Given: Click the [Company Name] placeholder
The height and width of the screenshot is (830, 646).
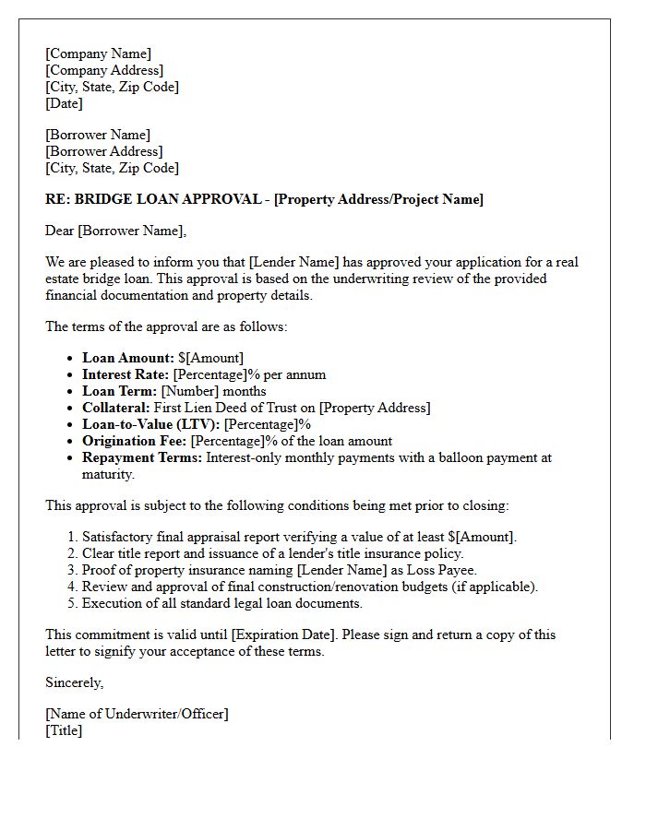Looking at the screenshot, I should [x=98, y=53].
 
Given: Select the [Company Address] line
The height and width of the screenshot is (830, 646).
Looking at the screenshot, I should [x=104, y=70].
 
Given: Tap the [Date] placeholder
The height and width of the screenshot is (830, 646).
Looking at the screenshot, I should [x=64, y=103].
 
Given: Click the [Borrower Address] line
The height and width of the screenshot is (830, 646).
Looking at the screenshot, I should [x=103, y=151].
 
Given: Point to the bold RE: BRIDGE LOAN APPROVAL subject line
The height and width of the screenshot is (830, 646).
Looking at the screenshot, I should [x=264, y=199].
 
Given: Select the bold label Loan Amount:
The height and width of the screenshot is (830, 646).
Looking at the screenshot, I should [x=127, y=358].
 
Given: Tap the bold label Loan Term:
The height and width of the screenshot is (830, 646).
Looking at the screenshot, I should [x=120, y=391].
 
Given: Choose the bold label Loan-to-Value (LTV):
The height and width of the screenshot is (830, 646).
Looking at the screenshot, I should [x=150, y=424].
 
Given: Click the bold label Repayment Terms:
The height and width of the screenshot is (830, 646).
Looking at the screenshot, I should [x=141, y=457].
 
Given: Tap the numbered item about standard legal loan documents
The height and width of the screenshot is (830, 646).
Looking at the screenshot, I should [x=221, y=603].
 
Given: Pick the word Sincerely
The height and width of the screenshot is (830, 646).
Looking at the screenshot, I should [x=74, y=682].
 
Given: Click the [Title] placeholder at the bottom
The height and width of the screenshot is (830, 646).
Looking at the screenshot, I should [x=64, y=730].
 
